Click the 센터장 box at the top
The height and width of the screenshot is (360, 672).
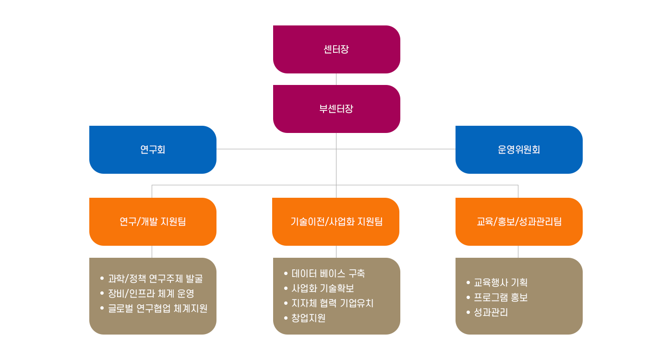tap(336, 49)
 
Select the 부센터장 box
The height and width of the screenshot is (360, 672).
tap(336, 109)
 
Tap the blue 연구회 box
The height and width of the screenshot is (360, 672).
tap(153, 150)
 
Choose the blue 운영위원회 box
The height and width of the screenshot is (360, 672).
tap(519, 150)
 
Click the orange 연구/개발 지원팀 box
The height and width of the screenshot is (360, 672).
tap(153, 222)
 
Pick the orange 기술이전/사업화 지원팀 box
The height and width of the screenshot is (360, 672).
tap(336, 222)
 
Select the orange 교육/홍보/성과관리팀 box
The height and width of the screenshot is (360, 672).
tap(519, 222)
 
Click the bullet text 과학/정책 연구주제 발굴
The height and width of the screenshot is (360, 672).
tap(156, 279)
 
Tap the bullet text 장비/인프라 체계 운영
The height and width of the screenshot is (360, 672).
tap(151, 294)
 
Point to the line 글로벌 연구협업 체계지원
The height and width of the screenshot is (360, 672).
tap(158, 309)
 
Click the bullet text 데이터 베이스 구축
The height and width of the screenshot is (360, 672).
tap(328, 274)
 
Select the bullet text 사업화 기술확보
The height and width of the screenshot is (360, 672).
tap(323, 288)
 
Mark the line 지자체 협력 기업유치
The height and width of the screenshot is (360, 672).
tap(333, 303)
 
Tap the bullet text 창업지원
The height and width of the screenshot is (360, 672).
tap(309, 318)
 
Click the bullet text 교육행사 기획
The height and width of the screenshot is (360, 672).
tap(501, 283)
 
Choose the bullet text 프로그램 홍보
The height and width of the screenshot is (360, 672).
tap(501, 298)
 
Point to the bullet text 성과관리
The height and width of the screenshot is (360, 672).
tap(491, 312)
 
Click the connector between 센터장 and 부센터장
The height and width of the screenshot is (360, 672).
tap(336, 79)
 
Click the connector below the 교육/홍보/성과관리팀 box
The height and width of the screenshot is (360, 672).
tap(518, 252)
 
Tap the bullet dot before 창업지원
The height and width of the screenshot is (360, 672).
tap(286, 318)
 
